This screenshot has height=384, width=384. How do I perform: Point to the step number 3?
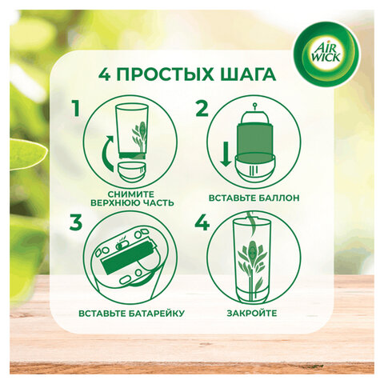(x=75, y=225)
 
